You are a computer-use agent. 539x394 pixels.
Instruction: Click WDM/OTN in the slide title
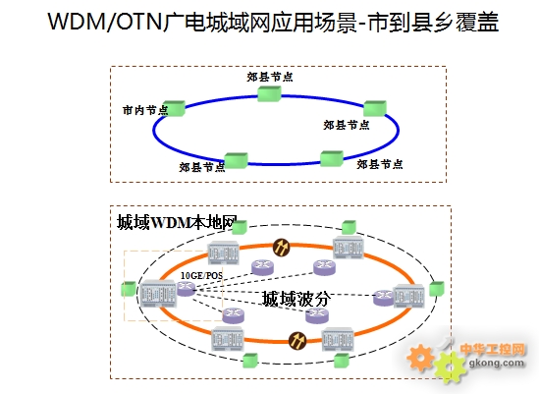click(x=105, y=22)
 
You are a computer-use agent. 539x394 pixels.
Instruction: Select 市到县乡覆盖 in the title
click(x=433, y=22)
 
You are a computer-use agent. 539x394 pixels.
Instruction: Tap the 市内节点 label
click(x=145, y=110)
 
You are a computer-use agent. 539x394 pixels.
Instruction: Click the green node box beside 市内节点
click(x=175, y=108)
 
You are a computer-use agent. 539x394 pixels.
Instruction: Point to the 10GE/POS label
click(x=201, y=275)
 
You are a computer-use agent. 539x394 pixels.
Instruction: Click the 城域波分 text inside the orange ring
click(x=296, y=299)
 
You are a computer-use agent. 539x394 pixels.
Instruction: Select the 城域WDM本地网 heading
click(x=177, y=222)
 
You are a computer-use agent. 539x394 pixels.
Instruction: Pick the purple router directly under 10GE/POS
click(x=186, y=288)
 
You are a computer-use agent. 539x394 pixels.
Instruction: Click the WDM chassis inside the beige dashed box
click(x=158, y=293)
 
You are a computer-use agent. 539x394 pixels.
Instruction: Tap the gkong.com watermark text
click(x=497, y=363)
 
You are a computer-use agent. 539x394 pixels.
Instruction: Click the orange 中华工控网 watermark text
click(x=493, y=349)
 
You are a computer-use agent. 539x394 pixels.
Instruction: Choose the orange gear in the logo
click(x=420, y=358)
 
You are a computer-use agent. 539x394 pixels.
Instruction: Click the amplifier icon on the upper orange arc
click(x=281, y=247)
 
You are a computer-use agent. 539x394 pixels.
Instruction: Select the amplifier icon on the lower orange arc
click(x=297, y=341)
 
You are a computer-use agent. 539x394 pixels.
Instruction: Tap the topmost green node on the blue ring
click(x=269, y=93)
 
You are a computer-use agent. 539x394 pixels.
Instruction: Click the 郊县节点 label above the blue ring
click(x=270, y=77)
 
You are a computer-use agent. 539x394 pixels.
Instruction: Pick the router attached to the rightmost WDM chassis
click(x=383, y=298)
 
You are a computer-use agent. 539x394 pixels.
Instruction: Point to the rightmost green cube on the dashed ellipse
click(x=437, y=288)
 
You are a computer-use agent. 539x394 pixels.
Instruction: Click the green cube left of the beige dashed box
click(x=129, y=289)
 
